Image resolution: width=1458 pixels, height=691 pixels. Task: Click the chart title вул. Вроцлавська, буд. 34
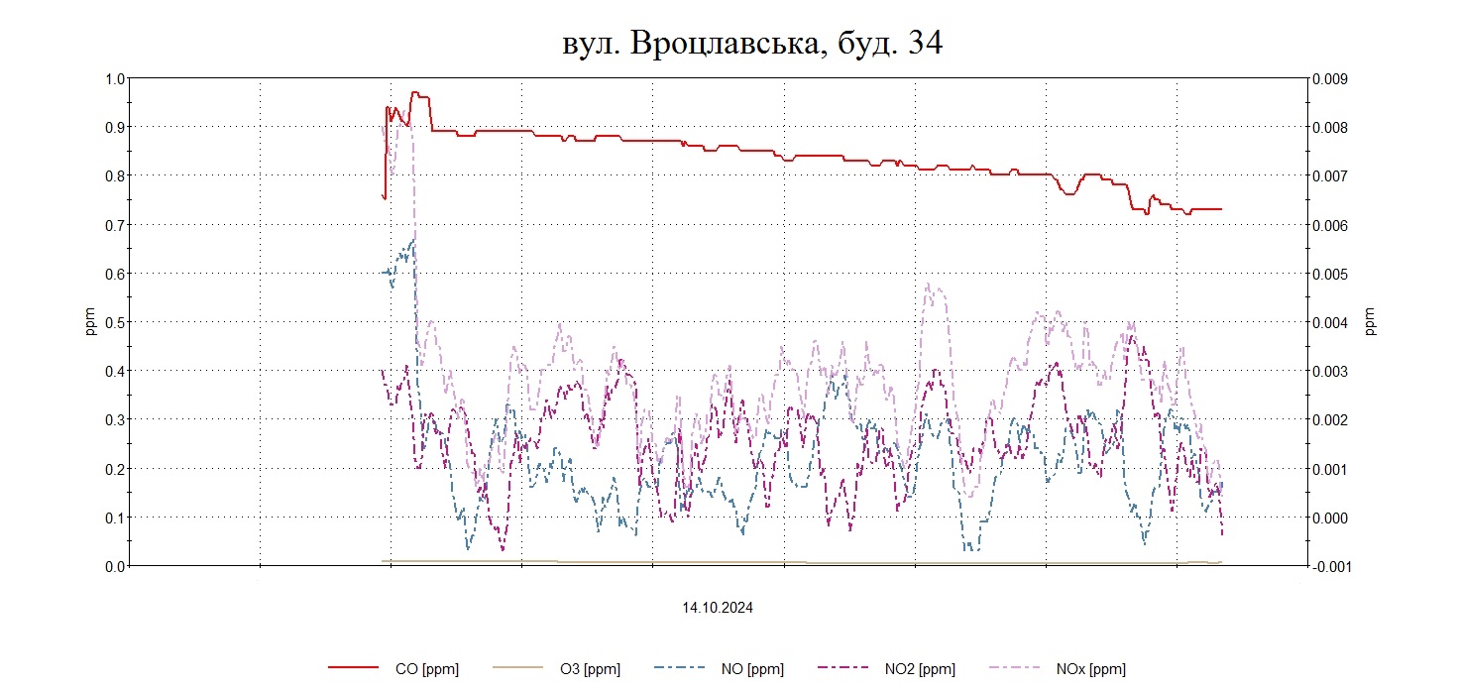tap(750, 43)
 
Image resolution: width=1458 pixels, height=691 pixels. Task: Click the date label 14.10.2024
tap(717, 608)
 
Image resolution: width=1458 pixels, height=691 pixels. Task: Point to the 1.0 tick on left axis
tap(114, 78)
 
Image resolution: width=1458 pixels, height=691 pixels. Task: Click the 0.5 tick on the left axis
tap(114, 322)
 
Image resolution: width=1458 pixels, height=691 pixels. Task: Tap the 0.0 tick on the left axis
tap(114, 566)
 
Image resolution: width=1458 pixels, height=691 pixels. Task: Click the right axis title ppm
tap(1371, 322)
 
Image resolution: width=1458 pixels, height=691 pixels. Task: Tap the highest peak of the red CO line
tap(415, 93)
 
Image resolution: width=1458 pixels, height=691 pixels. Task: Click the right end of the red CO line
tap(1221, 209)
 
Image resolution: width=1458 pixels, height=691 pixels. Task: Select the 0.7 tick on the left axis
tap(114, 225)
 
